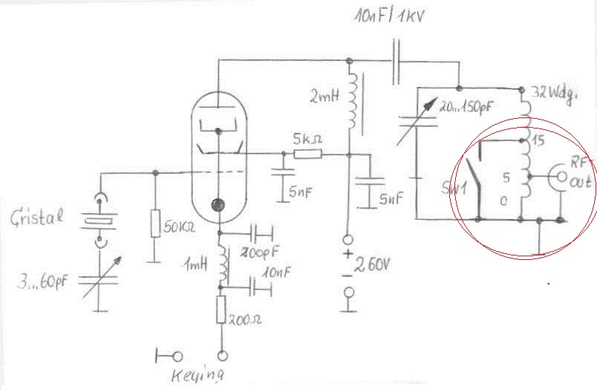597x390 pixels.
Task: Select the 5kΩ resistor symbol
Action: [307, 155]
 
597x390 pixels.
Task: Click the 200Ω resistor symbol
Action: [221, 309]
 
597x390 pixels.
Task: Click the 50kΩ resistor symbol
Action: [155, 224]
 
